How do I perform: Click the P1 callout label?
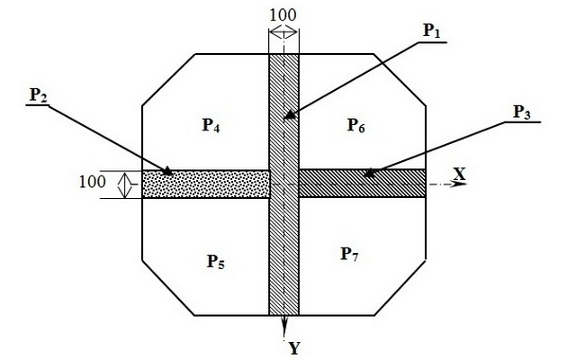point(432,31)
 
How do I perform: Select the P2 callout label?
point(39,95)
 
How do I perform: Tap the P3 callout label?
point(522,112)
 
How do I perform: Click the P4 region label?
point(211,125)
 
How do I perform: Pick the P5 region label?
point(215,261)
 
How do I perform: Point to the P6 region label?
point(356,125)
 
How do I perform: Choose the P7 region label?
point(350,254)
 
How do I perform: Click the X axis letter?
point(460,174)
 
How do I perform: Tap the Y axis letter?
point(294,348)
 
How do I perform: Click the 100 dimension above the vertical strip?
point(283,15)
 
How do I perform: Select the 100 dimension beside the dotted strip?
point(93,182)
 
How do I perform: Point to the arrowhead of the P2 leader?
point(167,171)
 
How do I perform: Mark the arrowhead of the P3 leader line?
point(370,173)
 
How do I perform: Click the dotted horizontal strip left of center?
point(206,184)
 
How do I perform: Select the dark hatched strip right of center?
point(362,184)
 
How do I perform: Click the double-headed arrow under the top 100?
point(283,32)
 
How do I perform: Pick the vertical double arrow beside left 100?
point(125,184)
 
